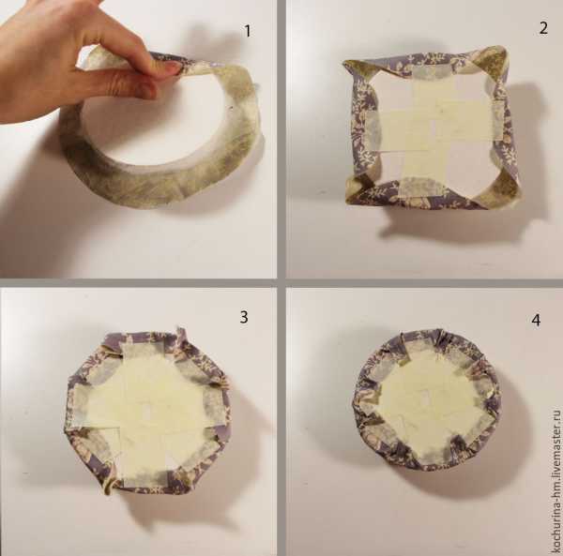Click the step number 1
pos(248,31)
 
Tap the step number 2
pos(543,28)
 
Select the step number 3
pos(244,317)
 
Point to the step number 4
pos(536,320)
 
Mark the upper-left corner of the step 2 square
pos(344,62)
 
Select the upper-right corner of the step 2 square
pos(504,48)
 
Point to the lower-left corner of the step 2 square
pos(347,202)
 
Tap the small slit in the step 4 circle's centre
pos(426,399)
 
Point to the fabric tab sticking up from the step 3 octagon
pos(182,335)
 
